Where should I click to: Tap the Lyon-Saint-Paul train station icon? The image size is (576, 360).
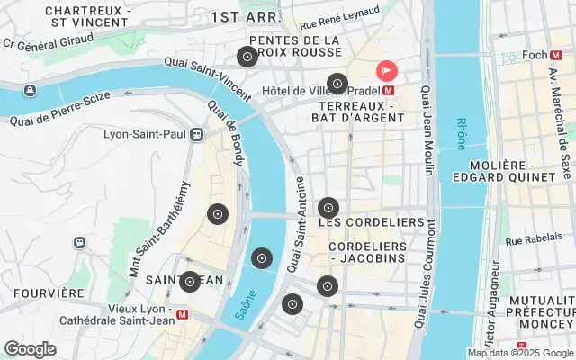coord(197,135)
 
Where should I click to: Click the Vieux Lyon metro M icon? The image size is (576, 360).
coord(184,315)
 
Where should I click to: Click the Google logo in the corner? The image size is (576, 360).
coord(30,349)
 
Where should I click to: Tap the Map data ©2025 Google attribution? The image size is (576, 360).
coord(519,353)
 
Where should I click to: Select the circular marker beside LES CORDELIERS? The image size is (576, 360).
coord(328,208)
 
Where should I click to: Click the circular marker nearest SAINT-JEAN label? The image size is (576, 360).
coord(189,282)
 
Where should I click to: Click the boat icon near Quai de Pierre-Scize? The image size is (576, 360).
coord(31,90)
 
